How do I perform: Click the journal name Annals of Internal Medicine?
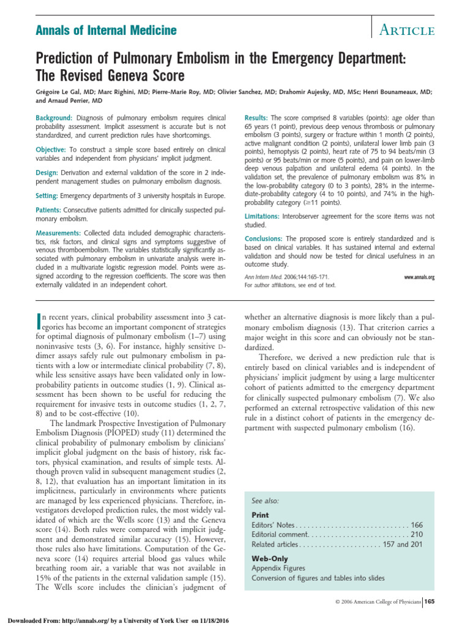pos(97,30)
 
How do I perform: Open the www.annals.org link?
pos(419,277)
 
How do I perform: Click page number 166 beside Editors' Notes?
pos(417,525)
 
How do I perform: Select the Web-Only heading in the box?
pos(270,559)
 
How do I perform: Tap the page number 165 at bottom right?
pos(429,602)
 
